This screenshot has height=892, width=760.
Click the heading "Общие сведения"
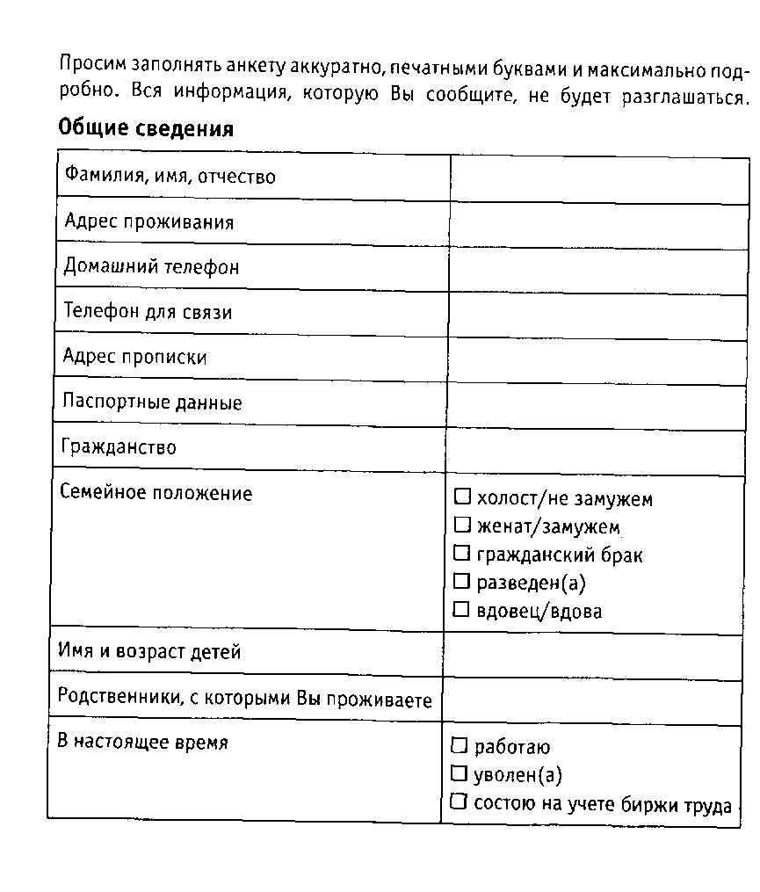point(146,129)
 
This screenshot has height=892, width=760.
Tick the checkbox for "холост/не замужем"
point(462,497)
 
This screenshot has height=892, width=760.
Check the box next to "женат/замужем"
point(462,526)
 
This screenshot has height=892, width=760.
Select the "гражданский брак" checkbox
point(462,554)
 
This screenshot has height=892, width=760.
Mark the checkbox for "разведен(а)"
point(462,581)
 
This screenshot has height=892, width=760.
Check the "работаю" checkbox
point(459,746)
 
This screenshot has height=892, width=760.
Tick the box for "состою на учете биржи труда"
point(458,801)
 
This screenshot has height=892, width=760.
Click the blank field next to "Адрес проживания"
point(597,224)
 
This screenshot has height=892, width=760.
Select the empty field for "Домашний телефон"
point(597,269)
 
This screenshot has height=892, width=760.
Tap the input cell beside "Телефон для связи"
point(597,314)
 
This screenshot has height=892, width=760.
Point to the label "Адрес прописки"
point(135,358)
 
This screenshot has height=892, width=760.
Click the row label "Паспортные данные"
point(152,403)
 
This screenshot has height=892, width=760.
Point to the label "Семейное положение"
point(156,493)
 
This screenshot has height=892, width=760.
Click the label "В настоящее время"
point(142,743)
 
